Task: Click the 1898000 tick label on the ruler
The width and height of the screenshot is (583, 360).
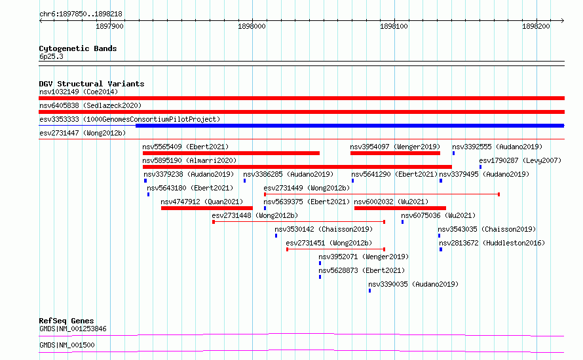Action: coord(252,26)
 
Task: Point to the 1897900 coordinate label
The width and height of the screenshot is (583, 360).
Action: coord(109,26)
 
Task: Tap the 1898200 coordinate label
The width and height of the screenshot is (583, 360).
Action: coord(536,26)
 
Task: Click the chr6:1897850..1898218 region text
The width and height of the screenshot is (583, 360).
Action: coord(81,14)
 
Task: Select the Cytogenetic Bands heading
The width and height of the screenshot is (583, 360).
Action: coord(78,48)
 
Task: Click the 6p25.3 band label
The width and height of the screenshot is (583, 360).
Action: coord(51,56)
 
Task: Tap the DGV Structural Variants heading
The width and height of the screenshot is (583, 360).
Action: coord(92,84)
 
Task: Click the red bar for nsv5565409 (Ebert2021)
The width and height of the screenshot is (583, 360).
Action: coord(231,153)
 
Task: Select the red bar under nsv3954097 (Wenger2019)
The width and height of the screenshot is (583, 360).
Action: coord(395,153)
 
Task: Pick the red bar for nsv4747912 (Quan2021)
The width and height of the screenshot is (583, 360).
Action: coord(207,208)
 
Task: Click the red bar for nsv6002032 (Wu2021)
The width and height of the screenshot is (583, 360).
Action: coord(400,208)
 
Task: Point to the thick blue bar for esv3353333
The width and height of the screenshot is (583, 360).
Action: coord(350,126)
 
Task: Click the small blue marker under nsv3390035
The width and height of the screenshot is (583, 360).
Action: coord(369,291)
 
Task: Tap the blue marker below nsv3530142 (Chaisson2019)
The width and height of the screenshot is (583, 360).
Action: coord(276,236)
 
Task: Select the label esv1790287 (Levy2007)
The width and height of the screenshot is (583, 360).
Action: coord(520,160)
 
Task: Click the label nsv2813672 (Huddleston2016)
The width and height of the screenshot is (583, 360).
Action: coord(492,243)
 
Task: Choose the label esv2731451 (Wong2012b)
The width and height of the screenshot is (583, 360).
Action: coord(329,243)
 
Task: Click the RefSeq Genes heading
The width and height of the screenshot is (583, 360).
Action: coord(66,321)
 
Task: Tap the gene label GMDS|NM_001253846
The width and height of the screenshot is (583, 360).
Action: coord(73,329)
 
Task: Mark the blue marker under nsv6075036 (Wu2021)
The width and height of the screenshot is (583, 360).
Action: coord(402,222)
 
